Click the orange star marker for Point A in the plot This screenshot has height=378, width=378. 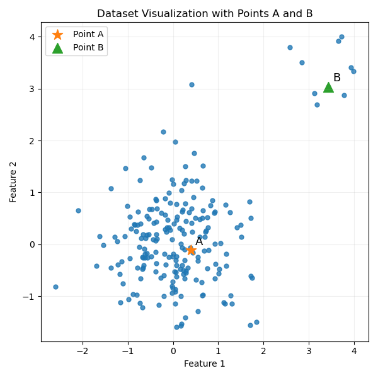191,250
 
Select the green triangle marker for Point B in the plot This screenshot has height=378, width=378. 328,87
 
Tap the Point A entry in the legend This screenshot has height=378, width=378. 88,34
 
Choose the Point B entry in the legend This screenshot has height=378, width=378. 88,47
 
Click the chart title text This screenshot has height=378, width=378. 205,13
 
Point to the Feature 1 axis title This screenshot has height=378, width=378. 205,364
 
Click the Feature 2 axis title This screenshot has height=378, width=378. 13,182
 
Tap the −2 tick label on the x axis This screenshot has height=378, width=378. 82,350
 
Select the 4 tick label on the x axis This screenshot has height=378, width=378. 354,350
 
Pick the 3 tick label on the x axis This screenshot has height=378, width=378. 309,350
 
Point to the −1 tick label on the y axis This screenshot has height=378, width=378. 30,296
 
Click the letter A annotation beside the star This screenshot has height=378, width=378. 199,241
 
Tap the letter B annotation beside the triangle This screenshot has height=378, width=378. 337,77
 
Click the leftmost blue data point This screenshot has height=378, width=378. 55,287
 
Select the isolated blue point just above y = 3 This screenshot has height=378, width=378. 192,84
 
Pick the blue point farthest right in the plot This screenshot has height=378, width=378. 353,71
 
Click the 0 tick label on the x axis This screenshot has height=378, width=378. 173,350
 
